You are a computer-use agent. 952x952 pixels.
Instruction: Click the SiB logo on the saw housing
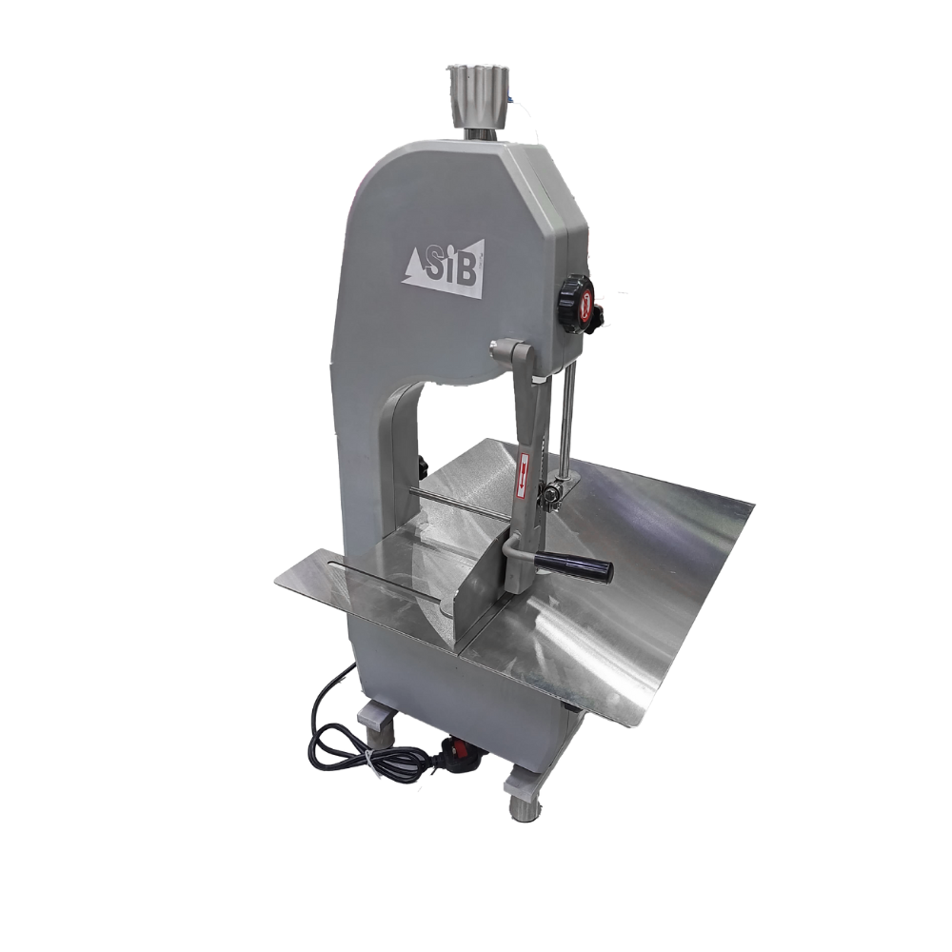pyautogui.click(x=445, y=269)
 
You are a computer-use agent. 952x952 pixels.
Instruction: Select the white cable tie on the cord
pyautogui.click(x=368, y=759)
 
